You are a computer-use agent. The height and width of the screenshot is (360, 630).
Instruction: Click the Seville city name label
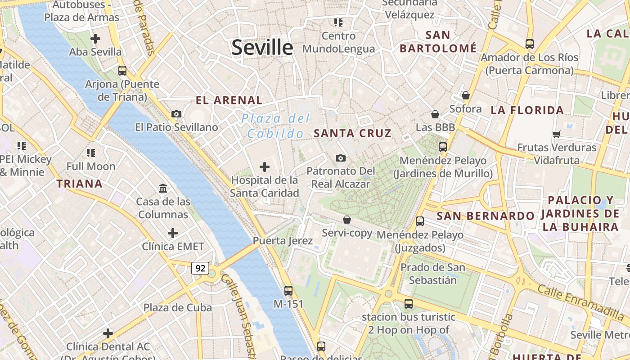262,48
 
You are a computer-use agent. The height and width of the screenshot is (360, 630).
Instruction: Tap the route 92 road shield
200,268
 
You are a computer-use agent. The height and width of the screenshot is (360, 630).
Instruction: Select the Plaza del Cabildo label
275,126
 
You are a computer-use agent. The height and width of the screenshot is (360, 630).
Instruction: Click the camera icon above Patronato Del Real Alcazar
341,158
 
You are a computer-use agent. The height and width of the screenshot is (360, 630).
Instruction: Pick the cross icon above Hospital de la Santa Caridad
265,167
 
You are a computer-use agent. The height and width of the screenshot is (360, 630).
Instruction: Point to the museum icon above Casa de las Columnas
163,188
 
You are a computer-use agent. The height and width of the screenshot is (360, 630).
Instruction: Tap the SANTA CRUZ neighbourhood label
352,133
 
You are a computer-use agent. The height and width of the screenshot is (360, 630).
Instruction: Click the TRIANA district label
80,184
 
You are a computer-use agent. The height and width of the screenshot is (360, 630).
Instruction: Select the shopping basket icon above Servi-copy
346,220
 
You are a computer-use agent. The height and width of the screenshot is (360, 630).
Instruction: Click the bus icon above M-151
288,291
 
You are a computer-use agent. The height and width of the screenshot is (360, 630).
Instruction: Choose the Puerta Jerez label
283,241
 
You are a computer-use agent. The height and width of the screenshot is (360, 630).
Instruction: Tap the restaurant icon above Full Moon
91,153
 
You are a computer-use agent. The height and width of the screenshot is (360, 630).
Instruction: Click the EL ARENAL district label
229,100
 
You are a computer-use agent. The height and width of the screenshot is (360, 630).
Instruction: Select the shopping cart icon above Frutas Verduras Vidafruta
556,134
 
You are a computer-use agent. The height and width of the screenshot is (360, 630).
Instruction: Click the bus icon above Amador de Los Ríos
530,44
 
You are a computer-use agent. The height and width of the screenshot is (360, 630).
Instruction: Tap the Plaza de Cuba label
177,308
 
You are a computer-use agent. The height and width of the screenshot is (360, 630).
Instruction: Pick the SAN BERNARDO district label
486,216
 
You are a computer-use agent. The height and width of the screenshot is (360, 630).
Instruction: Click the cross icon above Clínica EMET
173,233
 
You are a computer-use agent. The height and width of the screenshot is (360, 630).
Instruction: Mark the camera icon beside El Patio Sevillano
176,114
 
